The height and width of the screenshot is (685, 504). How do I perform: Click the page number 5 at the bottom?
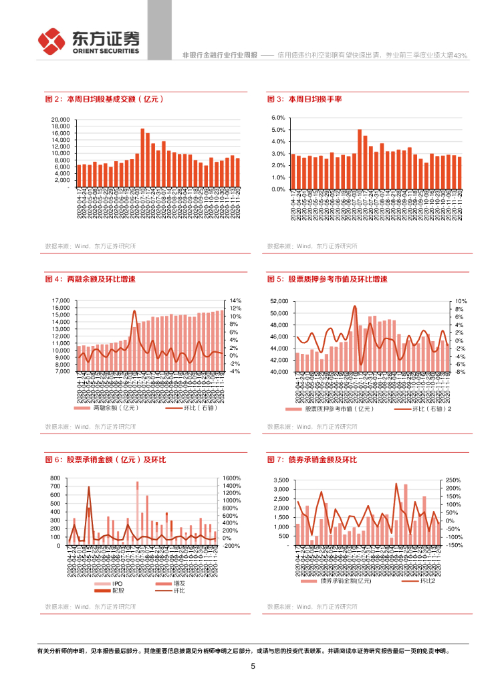pyautogui.click(x=253, y=666)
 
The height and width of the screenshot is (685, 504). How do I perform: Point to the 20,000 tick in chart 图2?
pyautogui.click(x=60, y=119)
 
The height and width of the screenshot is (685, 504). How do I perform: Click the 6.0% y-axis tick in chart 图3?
pyautogui.click(x=278, y=118)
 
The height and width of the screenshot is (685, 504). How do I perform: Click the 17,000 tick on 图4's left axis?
pyautogui.click(x=60, y=301)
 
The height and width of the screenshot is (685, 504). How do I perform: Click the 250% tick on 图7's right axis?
pyautogui.click(x=453, y=480)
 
